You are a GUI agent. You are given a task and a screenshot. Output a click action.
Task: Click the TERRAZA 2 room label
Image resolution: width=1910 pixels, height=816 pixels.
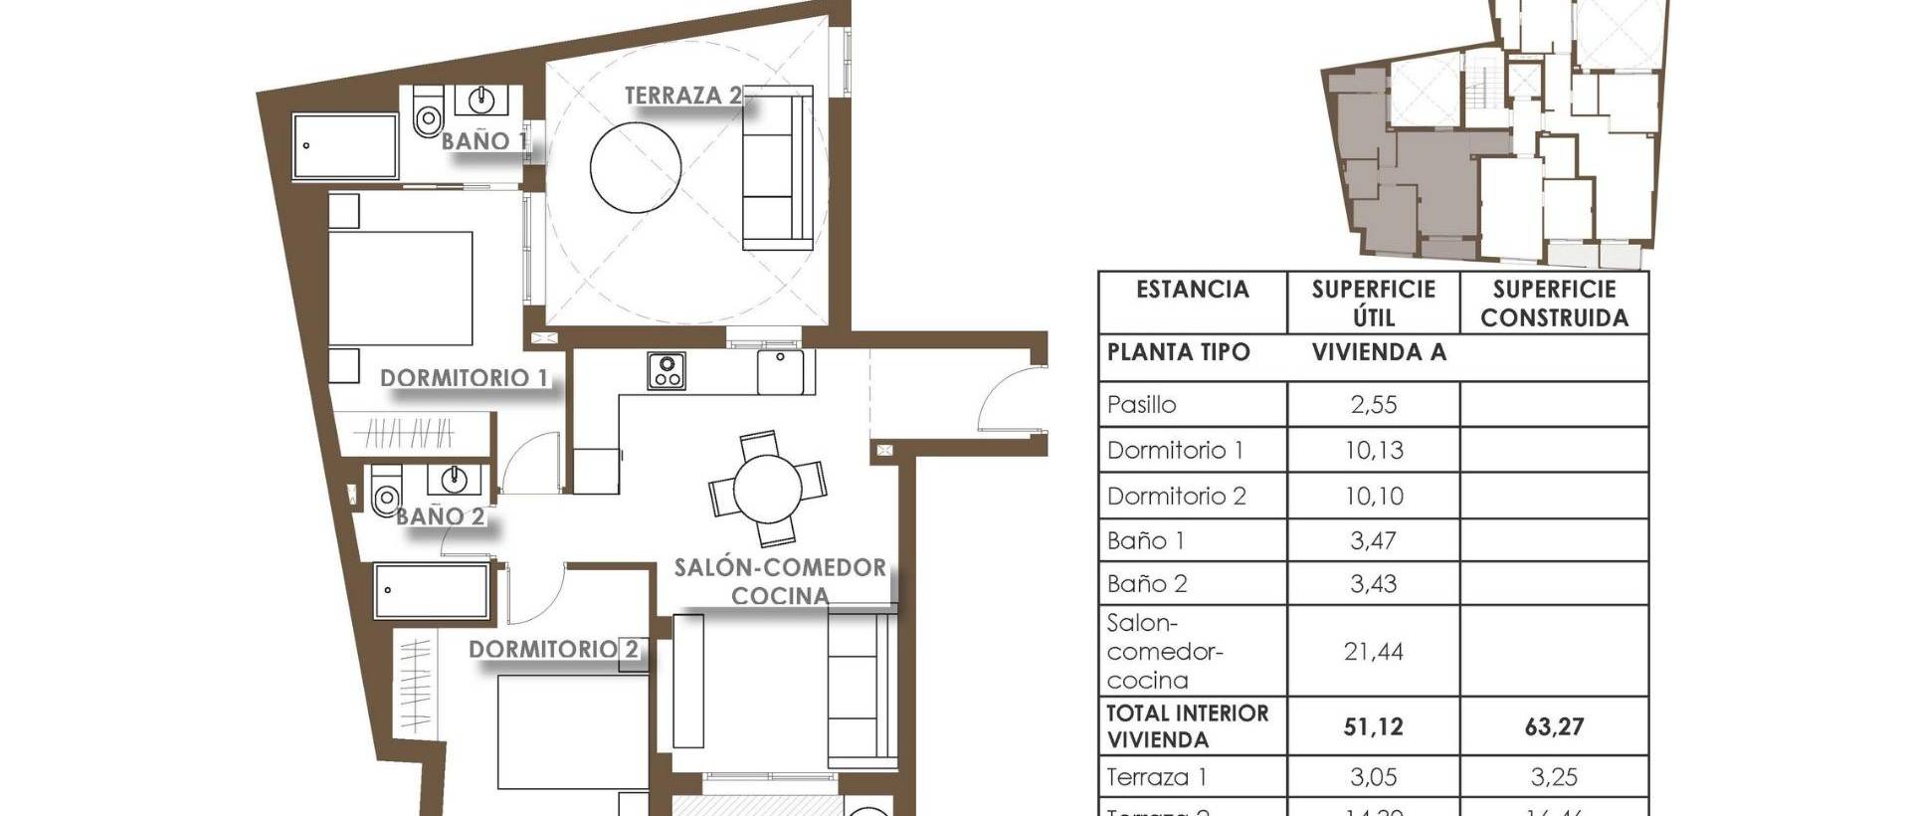pyautogui.click(x=682, y=96)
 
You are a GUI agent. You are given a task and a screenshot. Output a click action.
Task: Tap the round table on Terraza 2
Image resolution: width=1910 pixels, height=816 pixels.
pyautogui.click(x=636, y=166)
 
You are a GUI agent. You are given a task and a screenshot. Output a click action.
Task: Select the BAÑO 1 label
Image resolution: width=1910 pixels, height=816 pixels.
pyautogui.click(x=483, y=141)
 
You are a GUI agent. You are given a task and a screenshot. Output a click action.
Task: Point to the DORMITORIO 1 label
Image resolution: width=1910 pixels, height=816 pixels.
pyautogui.click(x=464, y=378)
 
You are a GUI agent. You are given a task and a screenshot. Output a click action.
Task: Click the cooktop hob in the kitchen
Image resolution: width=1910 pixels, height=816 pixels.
pyautogui.click(x=666, y=370)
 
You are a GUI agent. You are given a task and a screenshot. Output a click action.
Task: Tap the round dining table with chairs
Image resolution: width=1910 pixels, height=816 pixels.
pyautogui.click(x=767, y=489)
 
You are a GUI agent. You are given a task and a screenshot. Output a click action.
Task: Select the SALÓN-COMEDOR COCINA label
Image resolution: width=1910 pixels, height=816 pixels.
pyautogui.click(x=780, y=581)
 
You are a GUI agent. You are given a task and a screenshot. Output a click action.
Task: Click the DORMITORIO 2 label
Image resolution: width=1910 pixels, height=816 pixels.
pyautogui.click(x=553, y=649)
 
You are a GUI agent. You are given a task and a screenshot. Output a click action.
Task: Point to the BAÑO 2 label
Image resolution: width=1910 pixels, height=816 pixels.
pyautogui.click(x=440, y=516)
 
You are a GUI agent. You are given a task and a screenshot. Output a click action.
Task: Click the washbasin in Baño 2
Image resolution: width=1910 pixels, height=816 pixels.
pyautogui.click(x=455, y=480)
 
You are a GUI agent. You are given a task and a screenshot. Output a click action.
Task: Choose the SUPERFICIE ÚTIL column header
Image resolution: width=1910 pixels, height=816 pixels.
pyautogui.click(x=1373, y=303)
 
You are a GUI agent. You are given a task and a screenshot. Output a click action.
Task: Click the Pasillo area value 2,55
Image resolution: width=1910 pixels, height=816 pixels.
pyautogui.click(x=1373, y=405)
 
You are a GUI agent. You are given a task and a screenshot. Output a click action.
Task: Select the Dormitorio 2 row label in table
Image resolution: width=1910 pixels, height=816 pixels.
pyautogui.click(x=1176, y=496)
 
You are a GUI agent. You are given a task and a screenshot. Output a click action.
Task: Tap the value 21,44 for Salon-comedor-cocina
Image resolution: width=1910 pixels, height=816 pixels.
pyautogui.click(x=1373, y=652)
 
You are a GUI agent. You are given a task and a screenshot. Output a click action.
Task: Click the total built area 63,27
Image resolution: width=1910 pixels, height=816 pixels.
pyautogui.click(x=1553, y=727)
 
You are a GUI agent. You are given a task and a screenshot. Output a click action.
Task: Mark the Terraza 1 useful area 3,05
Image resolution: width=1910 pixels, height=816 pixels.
pyautogui.click(x=1373, y=777)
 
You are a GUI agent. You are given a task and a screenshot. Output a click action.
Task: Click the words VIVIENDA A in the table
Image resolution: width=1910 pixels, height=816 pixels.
pyautogui.click(x=1378, y=352)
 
